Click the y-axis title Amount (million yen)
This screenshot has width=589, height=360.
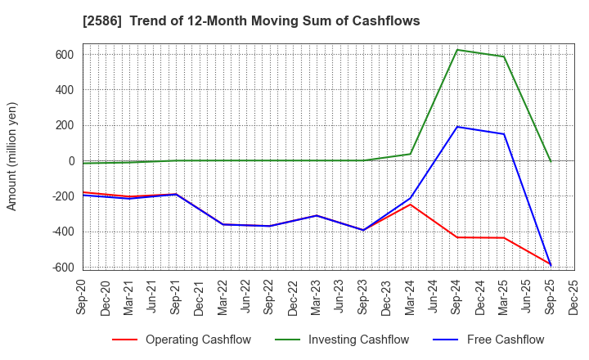click(12, 156)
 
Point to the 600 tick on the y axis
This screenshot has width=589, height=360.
click(65, 55)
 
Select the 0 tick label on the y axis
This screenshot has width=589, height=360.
click(71, 161)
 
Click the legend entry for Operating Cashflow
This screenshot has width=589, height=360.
click(182, 340)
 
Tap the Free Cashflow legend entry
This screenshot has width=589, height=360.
click(493, 340)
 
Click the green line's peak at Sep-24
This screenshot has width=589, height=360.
click(457, 50)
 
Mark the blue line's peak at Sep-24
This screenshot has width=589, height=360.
click(457, 127)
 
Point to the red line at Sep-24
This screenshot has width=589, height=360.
click(457, 237)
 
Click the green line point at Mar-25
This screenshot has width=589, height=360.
click(504, 56)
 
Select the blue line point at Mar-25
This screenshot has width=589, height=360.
click(504, 134)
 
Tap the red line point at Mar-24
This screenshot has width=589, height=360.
click(411, 204)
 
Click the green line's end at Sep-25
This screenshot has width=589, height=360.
click(551, 161)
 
